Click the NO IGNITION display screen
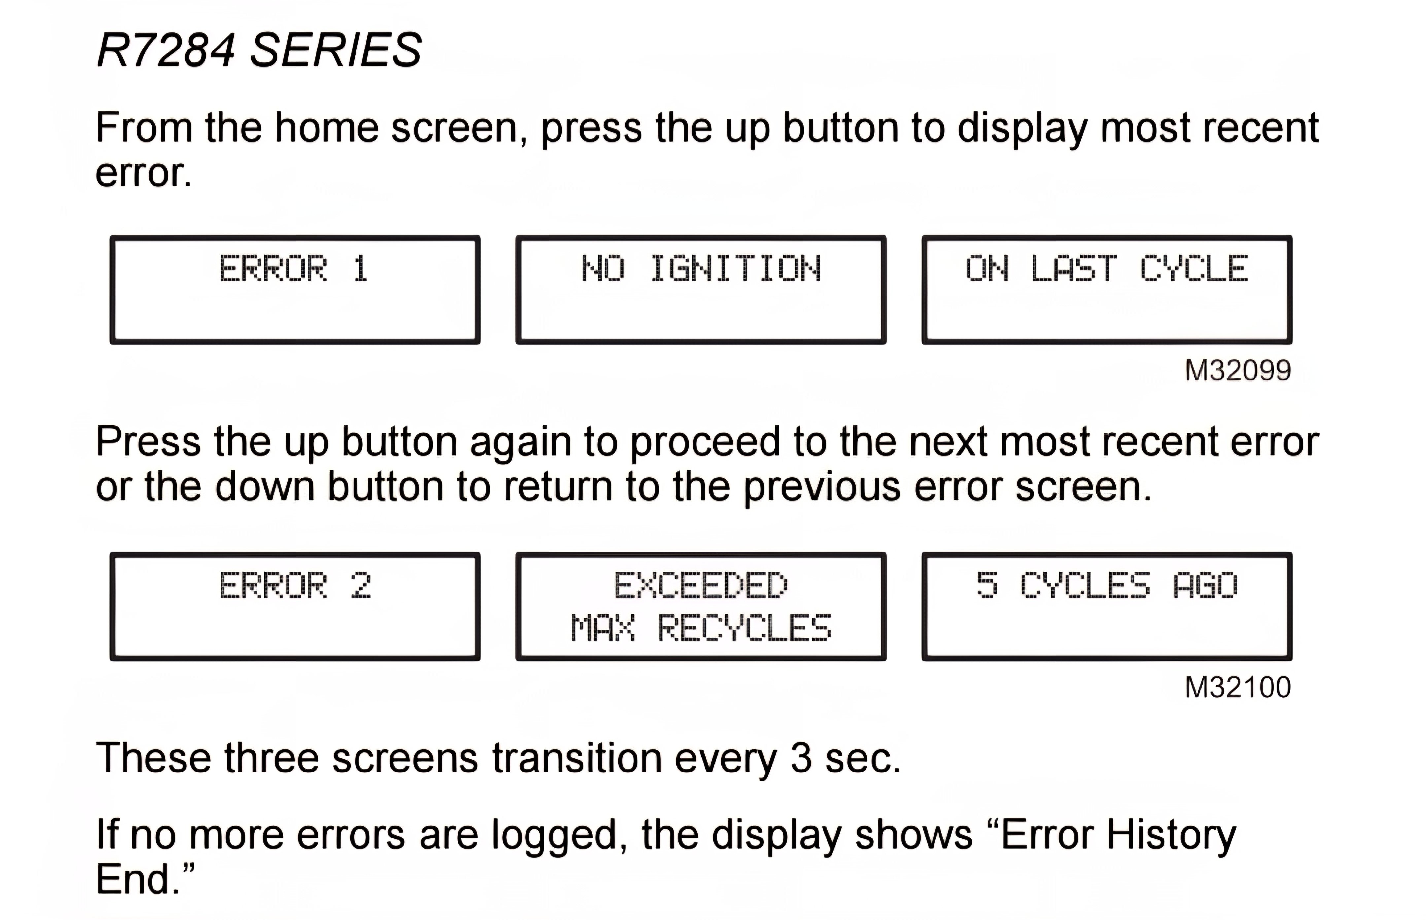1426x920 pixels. [701, 290]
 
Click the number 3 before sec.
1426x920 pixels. [801, 758]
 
